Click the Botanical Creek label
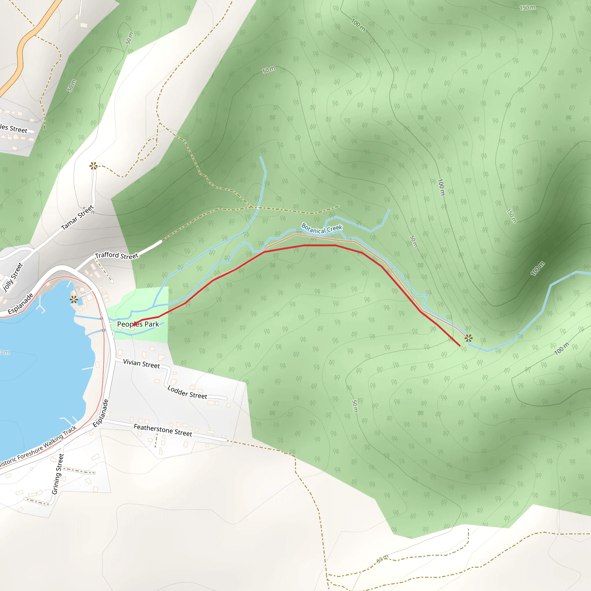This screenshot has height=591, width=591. coord(321,229)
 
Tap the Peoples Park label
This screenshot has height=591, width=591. coord(138,324)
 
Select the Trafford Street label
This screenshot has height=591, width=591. coord(117,255)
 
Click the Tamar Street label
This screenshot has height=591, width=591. coord(77,218)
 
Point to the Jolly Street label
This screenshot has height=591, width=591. coord(13,277)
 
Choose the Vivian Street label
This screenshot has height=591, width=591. coord(141,364)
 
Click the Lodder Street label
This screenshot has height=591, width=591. coord(187,392)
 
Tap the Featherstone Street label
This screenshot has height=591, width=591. coord(163,430)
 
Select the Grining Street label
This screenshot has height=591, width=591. coord(57,474)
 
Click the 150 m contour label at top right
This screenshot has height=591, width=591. coord(528,8)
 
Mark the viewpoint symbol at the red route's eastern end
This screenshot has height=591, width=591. coord(469,338)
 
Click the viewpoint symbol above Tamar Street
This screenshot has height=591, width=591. coord(93,166)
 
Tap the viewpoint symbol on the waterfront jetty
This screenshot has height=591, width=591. coord(74,300)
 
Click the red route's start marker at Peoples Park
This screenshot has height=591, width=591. coord(134,325)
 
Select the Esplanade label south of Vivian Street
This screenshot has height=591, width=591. coord(101,413)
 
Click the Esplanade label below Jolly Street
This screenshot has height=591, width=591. coord(20,304)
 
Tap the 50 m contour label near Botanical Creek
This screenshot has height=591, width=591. coord(413,241)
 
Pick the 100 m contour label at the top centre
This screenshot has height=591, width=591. coord(358,25)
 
